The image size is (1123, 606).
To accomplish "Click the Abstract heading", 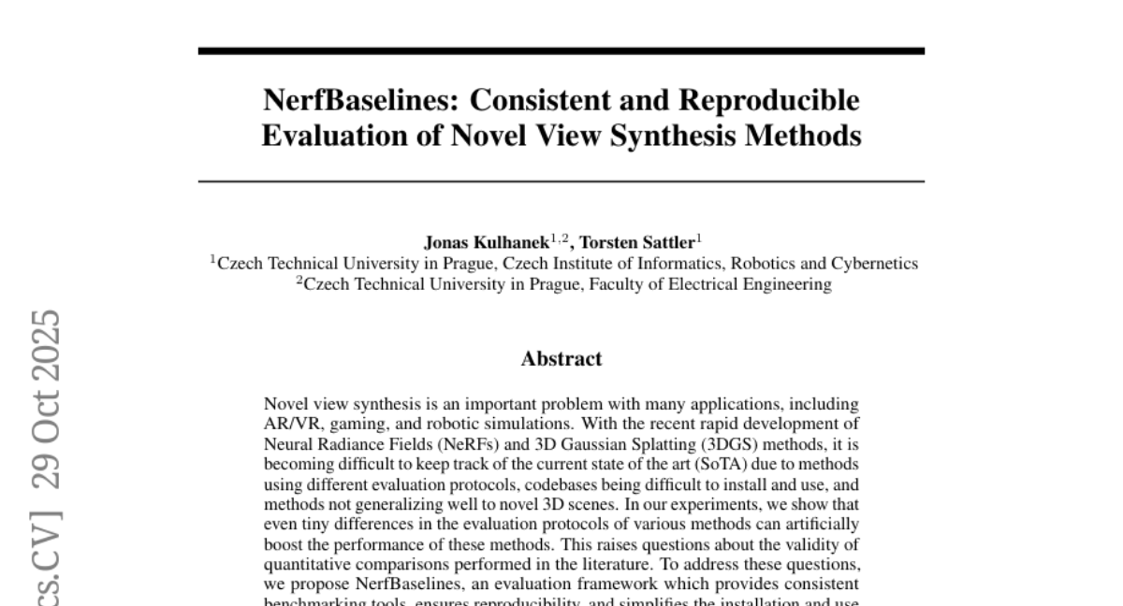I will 561,358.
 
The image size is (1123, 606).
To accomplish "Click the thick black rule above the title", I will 561,50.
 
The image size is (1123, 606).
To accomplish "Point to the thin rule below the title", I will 561,180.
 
